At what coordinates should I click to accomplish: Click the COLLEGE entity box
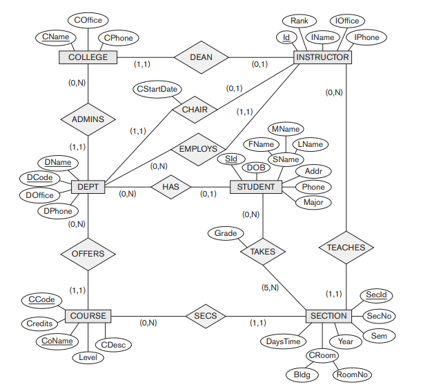[x=88, y=57]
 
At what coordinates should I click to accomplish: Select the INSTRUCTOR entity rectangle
[x=322, y=57]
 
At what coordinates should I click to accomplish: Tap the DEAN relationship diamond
[x=201, y=57]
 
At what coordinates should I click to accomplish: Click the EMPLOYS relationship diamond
[x=198, y=148]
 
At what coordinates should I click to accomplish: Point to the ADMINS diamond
[x=88, y=119]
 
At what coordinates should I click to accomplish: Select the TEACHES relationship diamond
[x=346, y=247]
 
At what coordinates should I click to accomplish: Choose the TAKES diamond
[x=263, y=252]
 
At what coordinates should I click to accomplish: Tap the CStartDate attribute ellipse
[x=157, y=90]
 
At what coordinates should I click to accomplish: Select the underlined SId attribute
[x=231, y=159]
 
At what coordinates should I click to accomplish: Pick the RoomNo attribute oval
[x=352, y=375]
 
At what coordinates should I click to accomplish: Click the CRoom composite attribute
[x=322, y=356]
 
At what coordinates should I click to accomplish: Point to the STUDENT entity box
[x=255, y=187]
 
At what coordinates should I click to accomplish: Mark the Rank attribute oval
[x=299, y=21]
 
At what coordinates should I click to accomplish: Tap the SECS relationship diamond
[x=206, y=316]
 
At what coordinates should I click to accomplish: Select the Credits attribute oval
[x=39, y=323]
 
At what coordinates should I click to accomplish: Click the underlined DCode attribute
[x=39, y=178]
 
